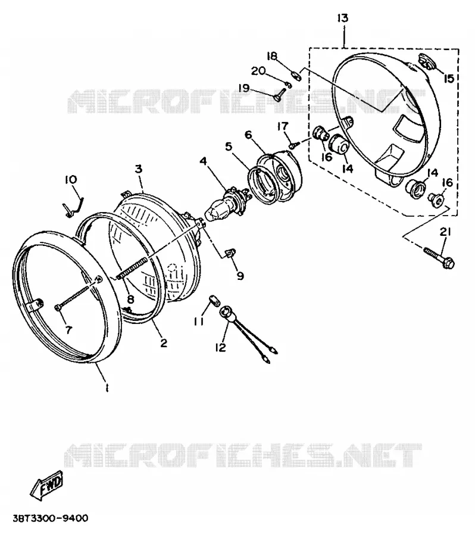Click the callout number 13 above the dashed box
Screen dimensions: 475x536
point(342,18)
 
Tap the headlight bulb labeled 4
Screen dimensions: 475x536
point(226,204)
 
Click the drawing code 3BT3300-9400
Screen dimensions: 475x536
point(50,518)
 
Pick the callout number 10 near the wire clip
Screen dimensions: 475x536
point(71,179)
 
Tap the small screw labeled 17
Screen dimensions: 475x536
point(293,145)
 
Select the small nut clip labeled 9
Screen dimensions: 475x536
point(231,253)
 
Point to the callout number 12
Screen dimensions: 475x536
point(221,348)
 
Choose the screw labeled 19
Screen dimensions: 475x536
point(279,94)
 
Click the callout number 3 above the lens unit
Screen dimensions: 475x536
point(138,169)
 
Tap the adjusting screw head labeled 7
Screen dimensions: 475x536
point(57,308)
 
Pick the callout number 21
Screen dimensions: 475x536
point(445,232)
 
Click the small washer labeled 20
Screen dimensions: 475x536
point(289,85)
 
